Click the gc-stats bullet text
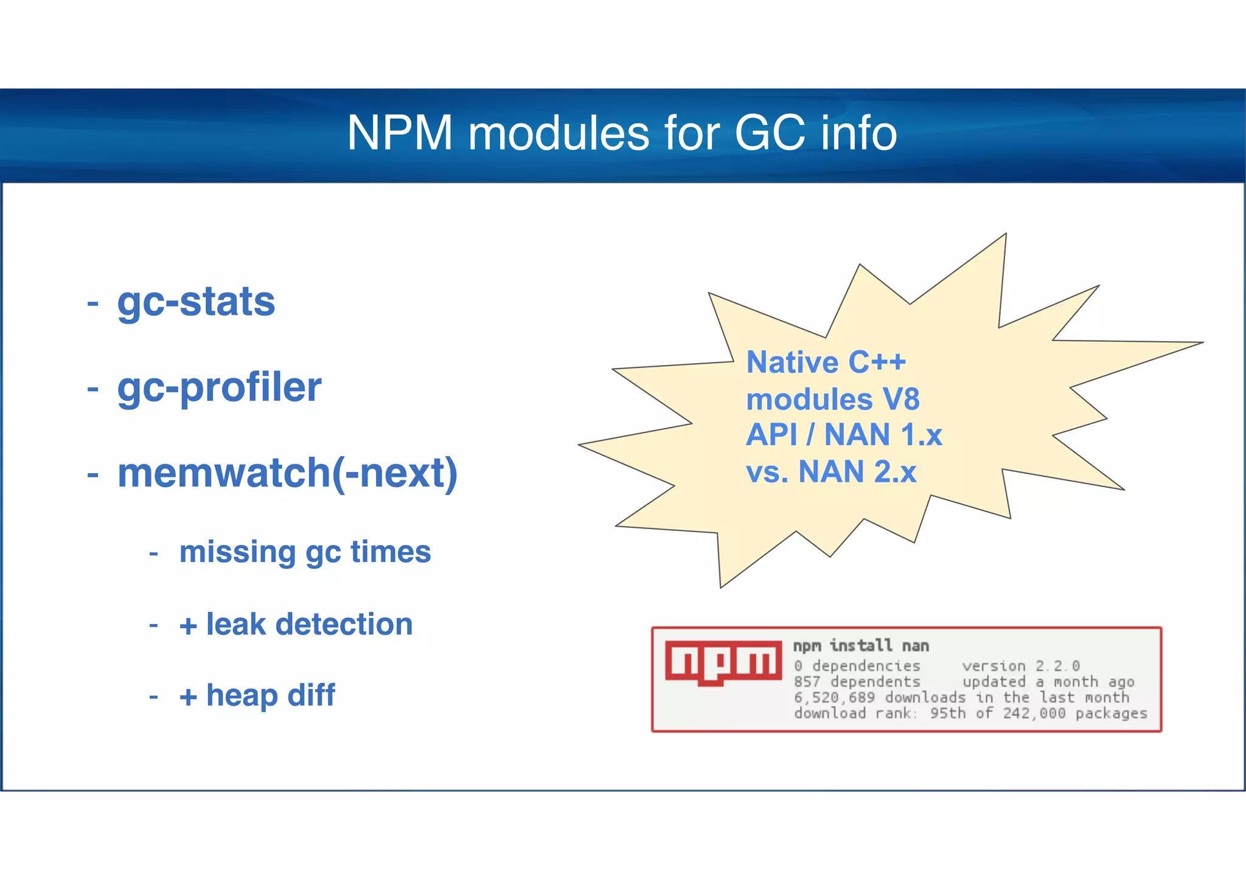point(196,302)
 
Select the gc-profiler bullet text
point(219,387)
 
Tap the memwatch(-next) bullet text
point(287,473)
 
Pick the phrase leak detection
point(309,625)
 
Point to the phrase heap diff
point(271,695)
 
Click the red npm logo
point(723,662)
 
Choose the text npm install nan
point(860,646)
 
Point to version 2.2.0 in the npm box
point(1020,666)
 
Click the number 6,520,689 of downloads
point(834,698)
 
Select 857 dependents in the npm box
point(857,682)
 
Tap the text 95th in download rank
point(947,713)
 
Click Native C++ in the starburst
point(826,362)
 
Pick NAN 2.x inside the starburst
point(857,472)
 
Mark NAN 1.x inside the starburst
point(883,435)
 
